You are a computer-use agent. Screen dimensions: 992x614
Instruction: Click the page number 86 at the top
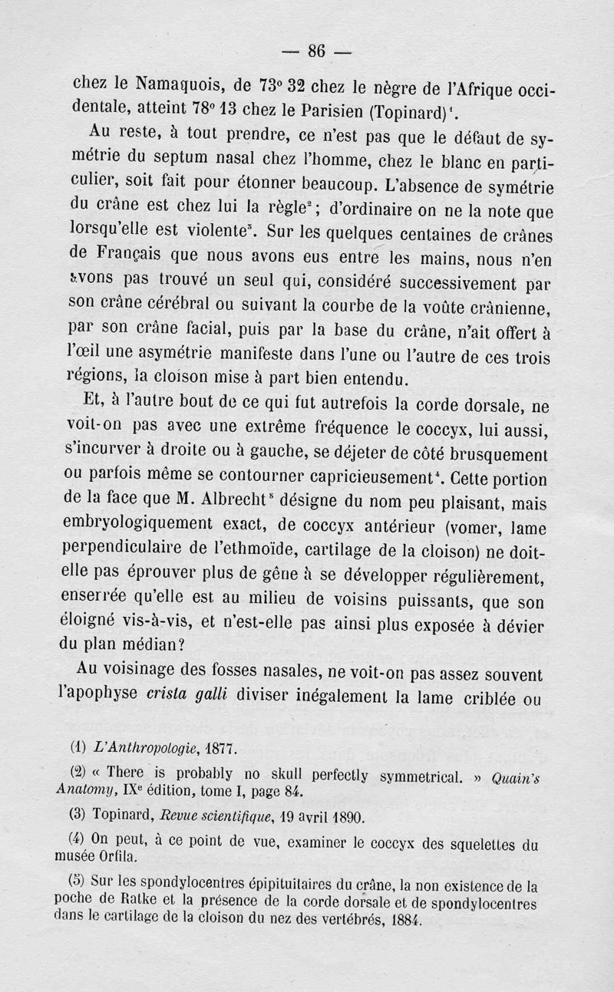click(317, 51)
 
